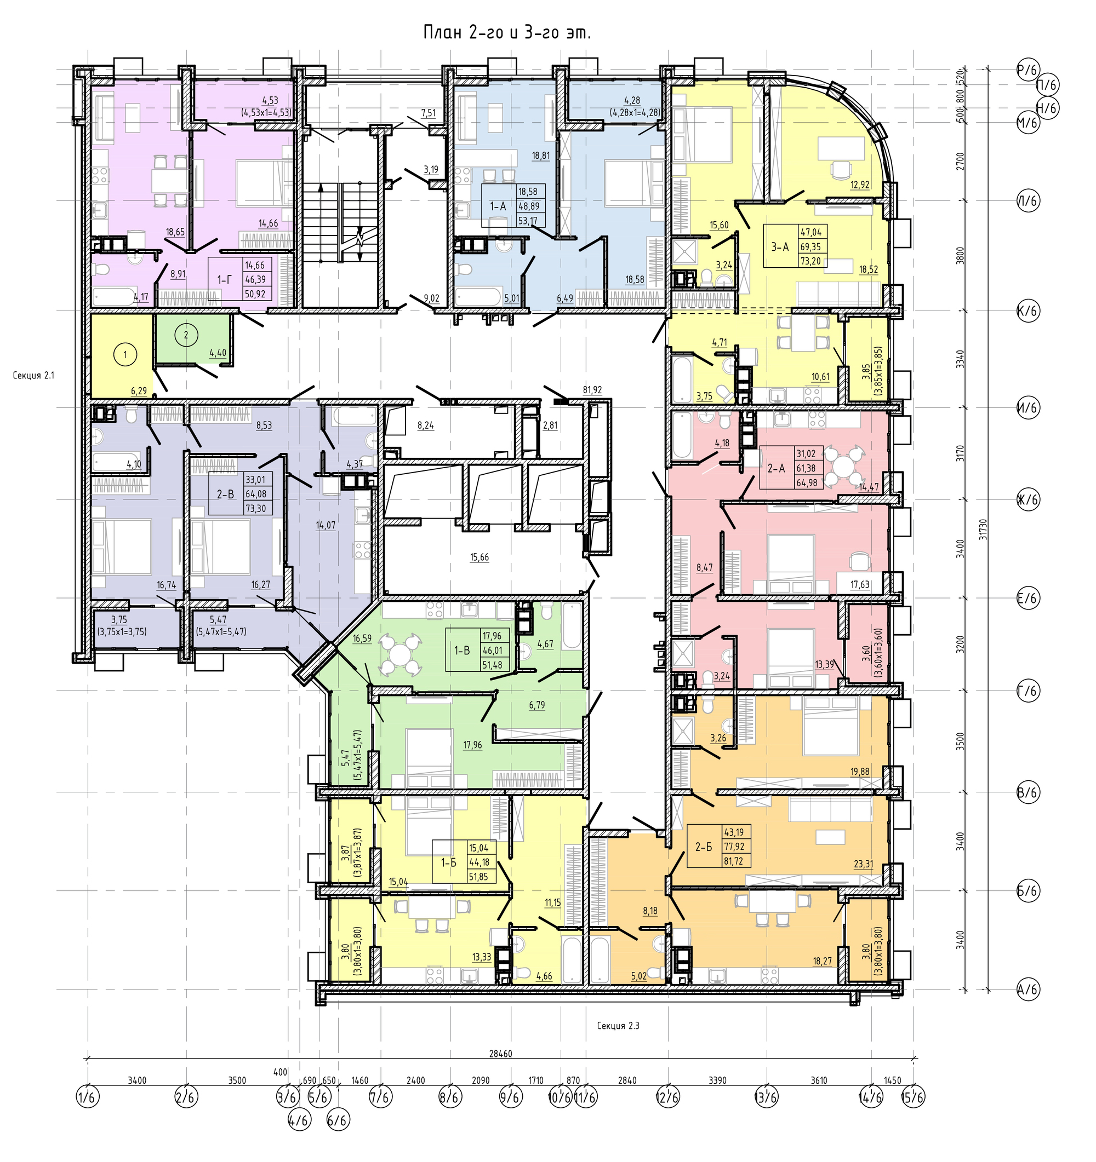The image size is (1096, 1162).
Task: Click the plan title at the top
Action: coord(506,33)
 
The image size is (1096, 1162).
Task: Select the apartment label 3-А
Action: coord(780,248)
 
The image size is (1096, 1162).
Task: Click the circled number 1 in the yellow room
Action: coord(124,354)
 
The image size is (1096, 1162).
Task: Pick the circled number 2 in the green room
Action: coord(186,336)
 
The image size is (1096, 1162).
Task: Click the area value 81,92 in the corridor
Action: coord(592,390)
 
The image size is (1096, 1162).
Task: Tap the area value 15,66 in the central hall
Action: coord(480,557)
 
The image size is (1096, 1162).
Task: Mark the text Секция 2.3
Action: coord(618,1026)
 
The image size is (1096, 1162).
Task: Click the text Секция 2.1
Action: coord(33,376)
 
